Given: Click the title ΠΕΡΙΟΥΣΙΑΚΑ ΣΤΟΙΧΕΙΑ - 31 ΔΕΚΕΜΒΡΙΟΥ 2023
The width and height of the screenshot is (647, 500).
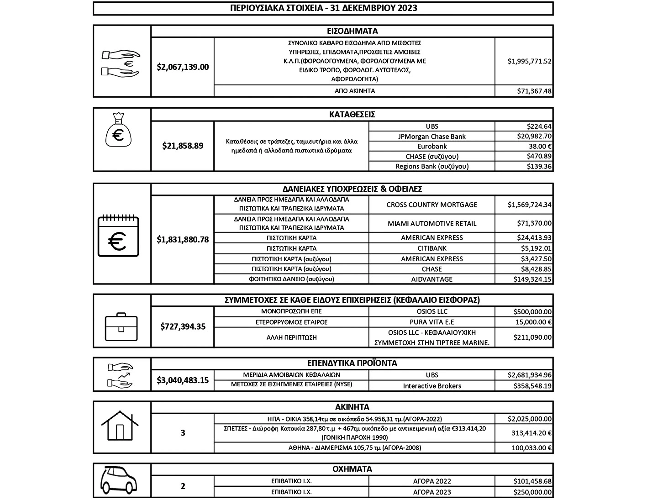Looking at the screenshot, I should pyautogui.click(x=323, y=8).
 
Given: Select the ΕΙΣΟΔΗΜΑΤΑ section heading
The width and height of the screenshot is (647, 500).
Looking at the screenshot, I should pyautogui.click(x=352, y=31).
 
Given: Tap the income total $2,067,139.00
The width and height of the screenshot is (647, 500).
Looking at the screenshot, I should pyautogui.click(x=183, y=67).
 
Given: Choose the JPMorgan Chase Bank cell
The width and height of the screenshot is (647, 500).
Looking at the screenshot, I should pyautogui.click(x=431, y=137).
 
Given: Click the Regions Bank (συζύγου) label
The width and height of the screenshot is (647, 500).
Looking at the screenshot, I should pyautogui.click(x=431, y=167).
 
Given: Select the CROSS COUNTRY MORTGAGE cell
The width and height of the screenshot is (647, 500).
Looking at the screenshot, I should pyautogui.click(x=431, y=205).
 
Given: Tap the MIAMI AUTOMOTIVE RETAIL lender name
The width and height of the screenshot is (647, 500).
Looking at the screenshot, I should pyautogui.click(x=431, y=224).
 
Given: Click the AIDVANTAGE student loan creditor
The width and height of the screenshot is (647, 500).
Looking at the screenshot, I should pyautogui.click(x=431, y=279).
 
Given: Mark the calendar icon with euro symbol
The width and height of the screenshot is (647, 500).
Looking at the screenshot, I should pyautogui.click(x=118, y=235).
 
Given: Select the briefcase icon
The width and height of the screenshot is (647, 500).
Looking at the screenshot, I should pyautogui.click(x=121, y=327).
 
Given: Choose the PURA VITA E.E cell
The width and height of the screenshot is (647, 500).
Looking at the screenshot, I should pyautogui.click(x=431, y=322).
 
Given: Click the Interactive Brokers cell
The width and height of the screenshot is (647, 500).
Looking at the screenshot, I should pyautogui.click(x=431, y=386).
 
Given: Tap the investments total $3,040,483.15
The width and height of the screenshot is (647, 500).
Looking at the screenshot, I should pyautogui.click(x=183, y=380).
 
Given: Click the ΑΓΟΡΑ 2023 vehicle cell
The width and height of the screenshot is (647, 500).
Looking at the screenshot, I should pyautogui.click(x=431, y=492).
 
